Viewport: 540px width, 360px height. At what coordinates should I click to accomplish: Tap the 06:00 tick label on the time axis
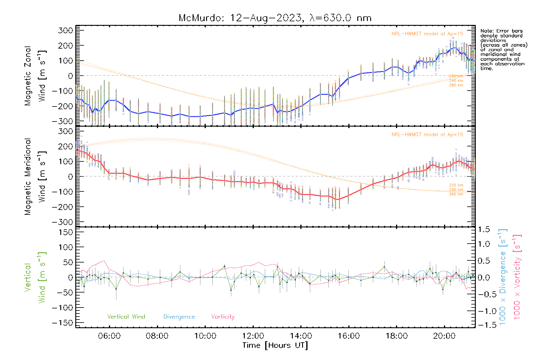109,336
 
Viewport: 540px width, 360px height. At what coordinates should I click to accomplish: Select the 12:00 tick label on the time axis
253,336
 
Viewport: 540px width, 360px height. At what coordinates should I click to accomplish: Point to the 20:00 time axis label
444,336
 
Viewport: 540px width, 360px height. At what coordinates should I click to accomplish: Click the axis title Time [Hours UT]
275,345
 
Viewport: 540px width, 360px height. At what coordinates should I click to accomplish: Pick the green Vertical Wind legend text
126,316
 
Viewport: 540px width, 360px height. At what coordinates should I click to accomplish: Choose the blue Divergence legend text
179,317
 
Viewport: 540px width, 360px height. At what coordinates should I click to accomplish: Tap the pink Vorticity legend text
223,316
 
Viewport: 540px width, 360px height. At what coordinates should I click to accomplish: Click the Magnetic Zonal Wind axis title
35,76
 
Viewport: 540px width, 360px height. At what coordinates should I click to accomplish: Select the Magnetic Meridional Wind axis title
35,176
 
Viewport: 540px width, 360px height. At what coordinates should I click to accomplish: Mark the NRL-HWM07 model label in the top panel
427,34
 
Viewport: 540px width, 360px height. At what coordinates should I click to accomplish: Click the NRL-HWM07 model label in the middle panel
427,134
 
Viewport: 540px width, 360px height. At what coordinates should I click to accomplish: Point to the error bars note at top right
503,49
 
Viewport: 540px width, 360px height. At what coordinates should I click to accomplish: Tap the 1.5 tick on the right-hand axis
484,229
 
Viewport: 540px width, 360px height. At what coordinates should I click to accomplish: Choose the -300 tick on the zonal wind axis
62,121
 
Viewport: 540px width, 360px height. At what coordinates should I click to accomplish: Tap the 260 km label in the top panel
456,85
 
